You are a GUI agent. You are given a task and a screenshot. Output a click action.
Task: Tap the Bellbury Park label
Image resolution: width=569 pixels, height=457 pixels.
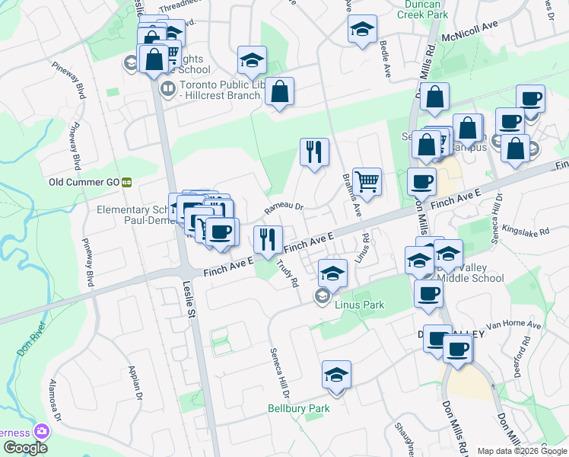point(299,408)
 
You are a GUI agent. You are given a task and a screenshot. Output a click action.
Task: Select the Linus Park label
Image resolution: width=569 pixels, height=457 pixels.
point(359,305)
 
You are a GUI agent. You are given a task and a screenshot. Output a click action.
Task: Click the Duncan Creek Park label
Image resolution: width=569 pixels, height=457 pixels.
point(415,8)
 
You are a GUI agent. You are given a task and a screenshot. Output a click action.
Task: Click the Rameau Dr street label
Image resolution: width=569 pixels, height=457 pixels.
point(284,206)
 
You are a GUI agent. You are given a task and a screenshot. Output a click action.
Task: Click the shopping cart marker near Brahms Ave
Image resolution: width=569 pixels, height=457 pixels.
point(367,181)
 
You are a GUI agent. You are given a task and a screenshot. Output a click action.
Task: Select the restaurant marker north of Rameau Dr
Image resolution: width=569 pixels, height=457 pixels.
point(313,151)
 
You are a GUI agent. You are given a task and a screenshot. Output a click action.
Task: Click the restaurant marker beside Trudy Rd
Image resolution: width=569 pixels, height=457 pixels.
point(268,239)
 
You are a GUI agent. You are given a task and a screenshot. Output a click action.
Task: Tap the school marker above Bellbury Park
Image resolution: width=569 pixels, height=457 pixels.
point(336,374)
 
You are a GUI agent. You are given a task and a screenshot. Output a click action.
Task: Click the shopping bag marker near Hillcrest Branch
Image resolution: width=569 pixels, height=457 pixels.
point(280,91)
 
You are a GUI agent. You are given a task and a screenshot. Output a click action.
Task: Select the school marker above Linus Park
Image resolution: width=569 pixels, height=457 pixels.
point(332,272)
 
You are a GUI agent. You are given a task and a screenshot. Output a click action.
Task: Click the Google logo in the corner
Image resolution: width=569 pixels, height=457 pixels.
point(27,448)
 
